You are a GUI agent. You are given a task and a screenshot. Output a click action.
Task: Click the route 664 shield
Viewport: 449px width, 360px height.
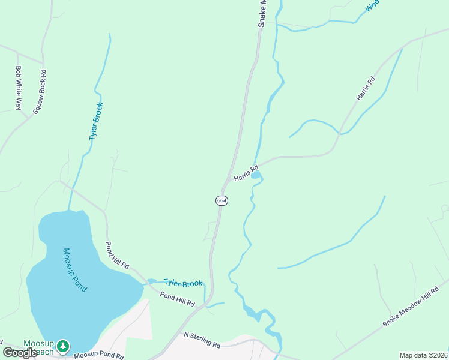[221, 200]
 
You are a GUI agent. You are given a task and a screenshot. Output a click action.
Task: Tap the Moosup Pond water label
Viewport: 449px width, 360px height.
[75, 270]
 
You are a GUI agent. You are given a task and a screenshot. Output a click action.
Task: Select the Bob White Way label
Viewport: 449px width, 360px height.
[19, 88]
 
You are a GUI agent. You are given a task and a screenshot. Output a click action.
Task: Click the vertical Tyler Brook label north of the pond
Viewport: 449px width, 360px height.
[96, 121]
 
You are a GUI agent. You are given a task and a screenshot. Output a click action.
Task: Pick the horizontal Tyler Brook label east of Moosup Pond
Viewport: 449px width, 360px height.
[183, 283]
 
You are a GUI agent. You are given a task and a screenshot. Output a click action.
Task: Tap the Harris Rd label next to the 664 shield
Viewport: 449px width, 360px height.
[246, 173]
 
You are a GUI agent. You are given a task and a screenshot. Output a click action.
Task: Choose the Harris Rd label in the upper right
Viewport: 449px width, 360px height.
[365, 88]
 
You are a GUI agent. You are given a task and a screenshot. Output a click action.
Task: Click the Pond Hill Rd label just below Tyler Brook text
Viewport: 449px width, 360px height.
[178, 299]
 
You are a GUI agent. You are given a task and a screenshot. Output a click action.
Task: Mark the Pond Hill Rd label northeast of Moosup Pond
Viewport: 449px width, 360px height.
[118, 255]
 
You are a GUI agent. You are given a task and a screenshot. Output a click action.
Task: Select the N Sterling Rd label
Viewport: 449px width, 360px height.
[202, 339]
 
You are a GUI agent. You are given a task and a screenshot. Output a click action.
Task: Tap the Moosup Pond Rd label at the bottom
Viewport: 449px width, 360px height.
[98, 356]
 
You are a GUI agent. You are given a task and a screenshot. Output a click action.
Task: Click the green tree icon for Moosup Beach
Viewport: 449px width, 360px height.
[63, 346]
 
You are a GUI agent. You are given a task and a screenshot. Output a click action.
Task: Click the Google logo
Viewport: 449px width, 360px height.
[20, 353]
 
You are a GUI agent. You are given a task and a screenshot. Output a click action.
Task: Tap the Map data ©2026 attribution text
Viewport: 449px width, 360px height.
[423, 355]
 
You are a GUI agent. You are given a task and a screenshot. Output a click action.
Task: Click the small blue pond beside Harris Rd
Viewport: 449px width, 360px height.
[256, 175]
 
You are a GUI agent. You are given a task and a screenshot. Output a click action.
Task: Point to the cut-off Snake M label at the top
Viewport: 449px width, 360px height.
[262, 13]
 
